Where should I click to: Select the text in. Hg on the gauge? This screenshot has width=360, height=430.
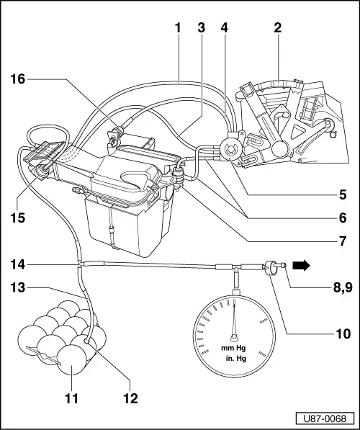point(234,355)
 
